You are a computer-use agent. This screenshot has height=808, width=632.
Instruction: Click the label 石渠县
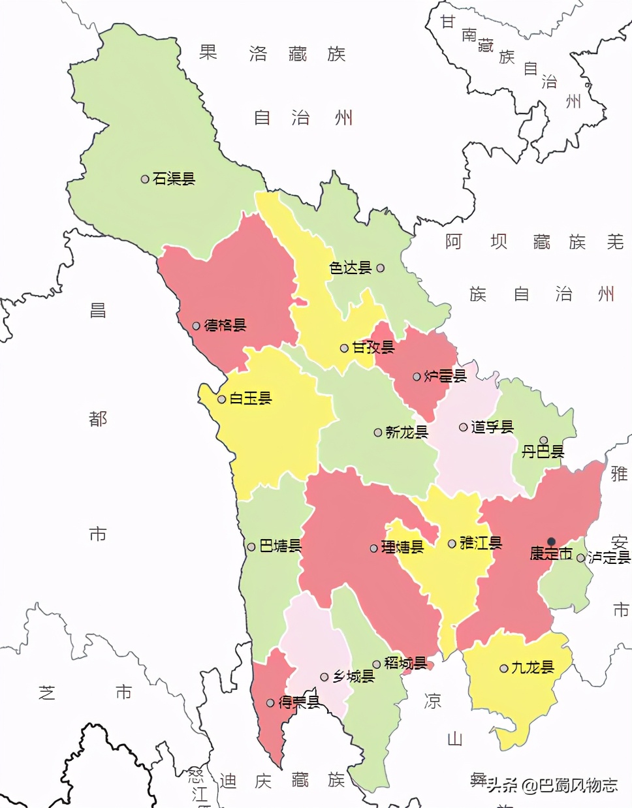coord(174,179)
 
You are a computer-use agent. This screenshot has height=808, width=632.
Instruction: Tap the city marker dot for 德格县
coord(197,326)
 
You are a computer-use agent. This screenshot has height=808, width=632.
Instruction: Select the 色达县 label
coord(350,268)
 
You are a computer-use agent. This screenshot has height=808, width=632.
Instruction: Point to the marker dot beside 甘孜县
coord(344,348)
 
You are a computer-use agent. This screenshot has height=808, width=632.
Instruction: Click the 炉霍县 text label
coord(445,376)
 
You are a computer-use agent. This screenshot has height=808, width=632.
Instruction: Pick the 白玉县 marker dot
coord(222,399)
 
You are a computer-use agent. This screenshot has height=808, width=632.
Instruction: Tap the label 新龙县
coord(407,432)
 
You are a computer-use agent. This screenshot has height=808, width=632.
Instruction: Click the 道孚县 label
coord(492,427)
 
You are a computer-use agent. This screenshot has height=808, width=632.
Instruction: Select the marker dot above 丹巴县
coord(543,441)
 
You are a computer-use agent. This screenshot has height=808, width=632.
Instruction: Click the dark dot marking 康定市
coord(551,542)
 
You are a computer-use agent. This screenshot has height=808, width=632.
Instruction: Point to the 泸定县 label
coord(609,557)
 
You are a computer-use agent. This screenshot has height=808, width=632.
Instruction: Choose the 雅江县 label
coord(481,543)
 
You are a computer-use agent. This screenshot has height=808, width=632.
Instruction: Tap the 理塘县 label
coord(402,548)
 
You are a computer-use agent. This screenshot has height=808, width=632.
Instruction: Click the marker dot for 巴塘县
coord(251,547)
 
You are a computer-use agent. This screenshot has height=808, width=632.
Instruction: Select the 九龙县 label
coord(533,668)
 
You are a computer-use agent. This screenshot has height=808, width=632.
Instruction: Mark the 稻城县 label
coord(405,664)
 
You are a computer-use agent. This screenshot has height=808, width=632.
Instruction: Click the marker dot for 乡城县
coord(324,677)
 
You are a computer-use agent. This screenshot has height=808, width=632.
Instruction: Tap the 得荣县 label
coord(299,703)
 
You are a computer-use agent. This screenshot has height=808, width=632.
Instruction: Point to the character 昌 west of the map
coord(98,311)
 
